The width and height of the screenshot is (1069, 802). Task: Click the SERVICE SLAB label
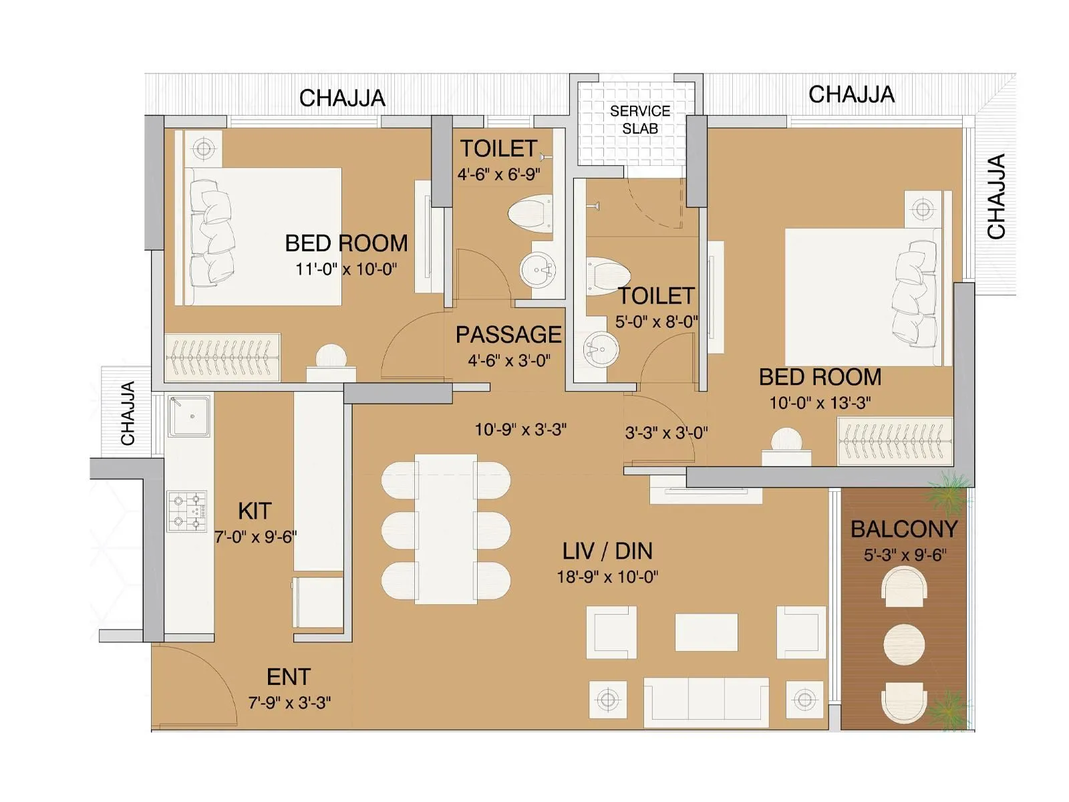(x=639, y=120)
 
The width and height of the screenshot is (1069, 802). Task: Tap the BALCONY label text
(x=903, y=529)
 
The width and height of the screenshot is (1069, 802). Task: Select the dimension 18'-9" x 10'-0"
(x=607, y=577)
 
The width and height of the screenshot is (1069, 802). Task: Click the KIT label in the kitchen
(x=255, y=511)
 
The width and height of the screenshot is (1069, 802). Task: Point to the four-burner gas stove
(x=187, y=511)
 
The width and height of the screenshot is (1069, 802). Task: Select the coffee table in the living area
(x=706, y=632)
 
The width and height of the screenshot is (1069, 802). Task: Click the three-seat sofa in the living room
(x=706, y=702)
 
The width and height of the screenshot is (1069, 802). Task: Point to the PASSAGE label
(x=508, y=335)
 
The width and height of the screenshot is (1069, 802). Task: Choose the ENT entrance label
(x=289, y=677)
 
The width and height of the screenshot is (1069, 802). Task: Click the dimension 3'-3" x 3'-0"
(x=666, y=433)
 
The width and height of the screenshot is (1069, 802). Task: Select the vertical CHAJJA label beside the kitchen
(x=128, y=413)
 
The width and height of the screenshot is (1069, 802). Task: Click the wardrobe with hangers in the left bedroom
(x=222, y=357)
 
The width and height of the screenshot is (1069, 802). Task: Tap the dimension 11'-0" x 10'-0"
(x=346, y=269)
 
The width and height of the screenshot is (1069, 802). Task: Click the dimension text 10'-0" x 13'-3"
(x=820, y=403)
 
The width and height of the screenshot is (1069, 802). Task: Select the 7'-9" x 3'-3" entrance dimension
(x=290, y=703)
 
